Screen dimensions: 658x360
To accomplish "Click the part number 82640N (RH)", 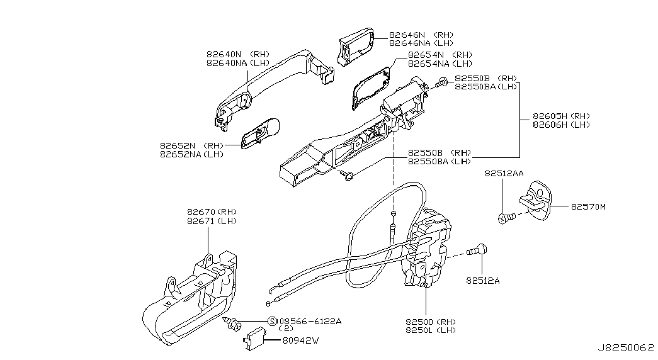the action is pyautogui.click(x=238, y=55).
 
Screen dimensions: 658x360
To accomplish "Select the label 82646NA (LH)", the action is pyautogui.click(x=421, y=43).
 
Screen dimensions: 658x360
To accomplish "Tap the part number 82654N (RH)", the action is pyautogui.click(x=440, y=55).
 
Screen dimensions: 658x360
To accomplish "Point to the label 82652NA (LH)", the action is pyautogui.click(x=192, y=154).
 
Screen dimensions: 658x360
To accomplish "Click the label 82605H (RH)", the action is pyautogui.click(x=561, y=116).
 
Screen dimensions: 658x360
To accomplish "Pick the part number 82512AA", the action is pyautogui.click(x=504, y=173).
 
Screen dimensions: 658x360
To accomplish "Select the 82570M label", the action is pyautogui.click(x=588, y=207).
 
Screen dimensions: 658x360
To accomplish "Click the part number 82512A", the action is pyautogui.click(x=482, y=281).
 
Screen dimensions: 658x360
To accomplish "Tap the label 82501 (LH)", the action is pyautogui.click(x=430, y=330).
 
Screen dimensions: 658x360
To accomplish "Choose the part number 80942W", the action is pyautogui.click(x=300, y=340).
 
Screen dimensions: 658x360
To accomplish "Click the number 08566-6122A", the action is pyautogui.click(x=310, y=322).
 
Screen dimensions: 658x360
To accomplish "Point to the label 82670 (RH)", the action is pyautogui.click(x=212, y=212).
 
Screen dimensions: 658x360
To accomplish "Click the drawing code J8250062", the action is pyautogui.click(x=626, y=348).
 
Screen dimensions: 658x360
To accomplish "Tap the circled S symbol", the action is pyautogui.click(x=273, y=322).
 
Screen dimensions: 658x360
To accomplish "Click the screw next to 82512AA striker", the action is pyautogui.click(x=506, y=218).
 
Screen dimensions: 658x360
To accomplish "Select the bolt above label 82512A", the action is pyautogui.click(x=477, y=250).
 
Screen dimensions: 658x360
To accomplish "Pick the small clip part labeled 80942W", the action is pyautogui.click(x=254, y=338).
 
